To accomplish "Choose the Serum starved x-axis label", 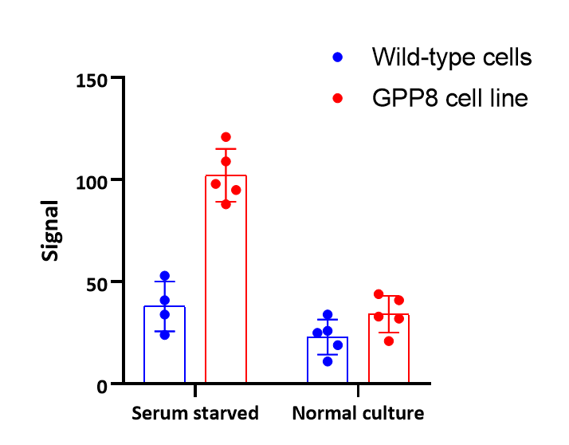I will pyautogui.click(x=195, y=413).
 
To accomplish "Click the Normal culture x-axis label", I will pyautogui.click(x=358, y=413).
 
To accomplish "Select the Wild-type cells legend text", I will pyautogui.click(x=451, y=57).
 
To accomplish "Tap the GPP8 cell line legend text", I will pyautogui.click(x=449, y=99).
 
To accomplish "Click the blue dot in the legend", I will pyautogui.click(x=337, y=57).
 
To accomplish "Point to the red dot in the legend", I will pyautogui.click(x=337, y=99).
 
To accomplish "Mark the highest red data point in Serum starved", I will pyautogui.click(x=226, y=137).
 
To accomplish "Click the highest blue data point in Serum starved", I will pyautogui.click(x=165, y=276).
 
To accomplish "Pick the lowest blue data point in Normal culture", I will pyautogui.click(x=328, y=361).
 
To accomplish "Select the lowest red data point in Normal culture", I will pyautogui.click(x=389, y=341).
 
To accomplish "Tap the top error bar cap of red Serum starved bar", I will pyautogui.click(x=226, y=149).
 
